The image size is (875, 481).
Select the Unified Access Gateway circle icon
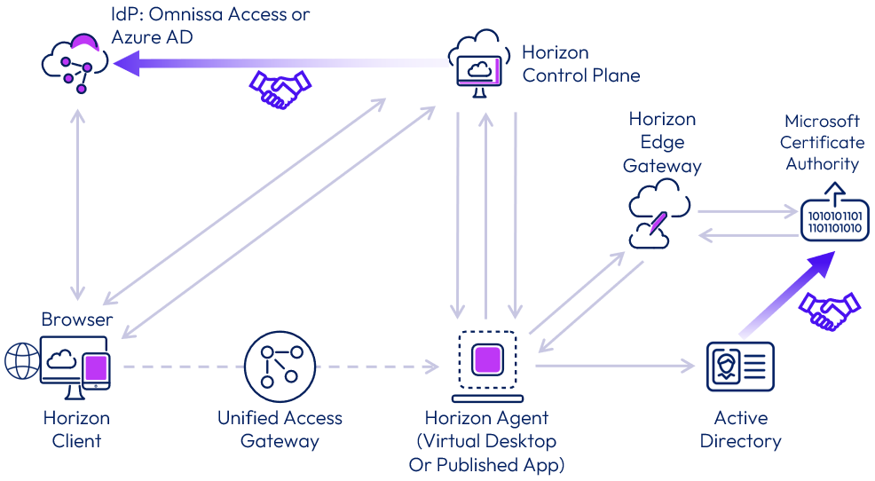coord(280,367)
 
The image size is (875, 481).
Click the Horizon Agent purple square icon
coord(485,361)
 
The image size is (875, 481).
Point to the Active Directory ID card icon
coord(740,367)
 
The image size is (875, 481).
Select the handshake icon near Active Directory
coord(829,311)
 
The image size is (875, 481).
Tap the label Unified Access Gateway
coord(280,429)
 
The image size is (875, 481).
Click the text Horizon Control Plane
coord(580,64)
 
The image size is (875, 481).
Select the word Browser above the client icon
coord(77,319)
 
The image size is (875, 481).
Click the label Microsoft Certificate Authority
coord(822,142)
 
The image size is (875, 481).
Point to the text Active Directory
coord(740,429)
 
